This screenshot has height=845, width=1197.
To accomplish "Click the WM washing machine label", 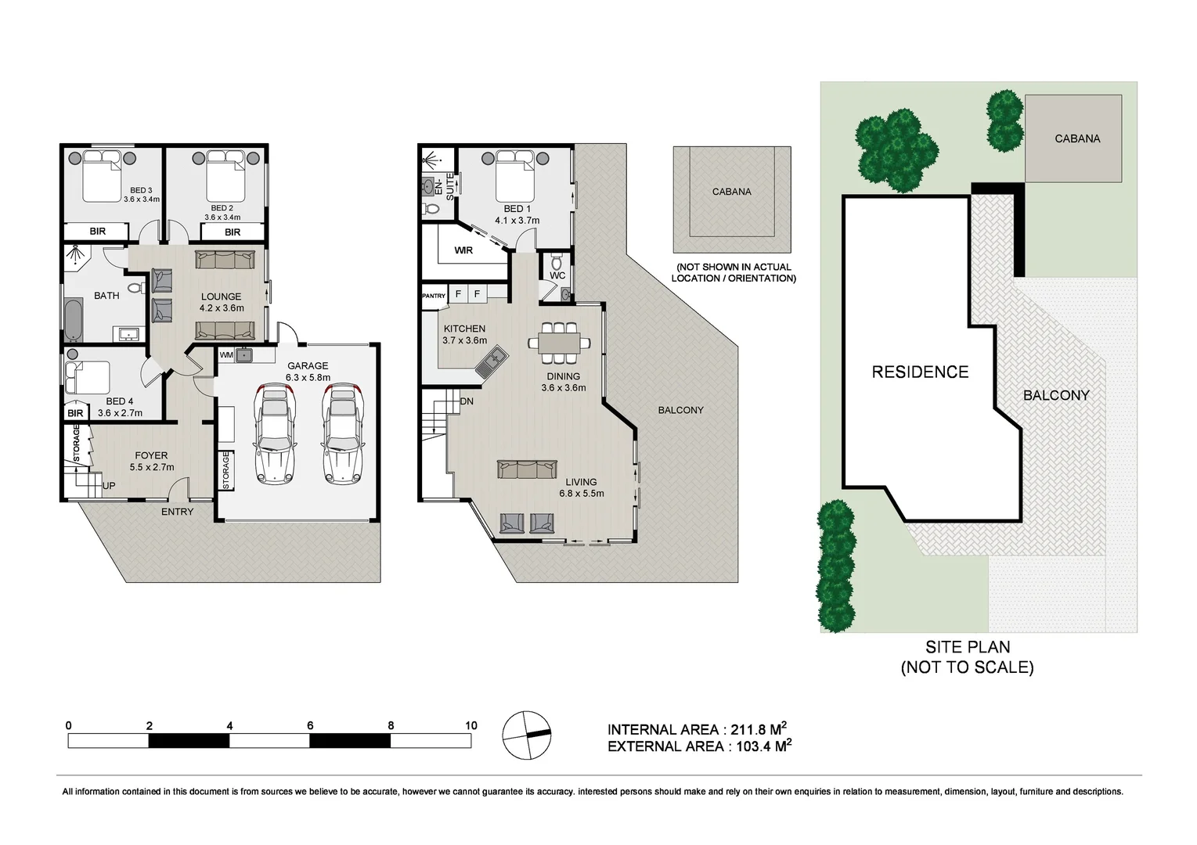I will click(226, 355).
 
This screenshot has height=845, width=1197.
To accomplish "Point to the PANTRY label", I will click(433, 296).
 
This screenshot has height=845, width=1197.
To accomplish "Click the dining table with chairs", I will click(559, 343).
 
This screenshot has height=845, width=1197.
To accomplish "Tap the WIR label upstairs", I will click(463, 251).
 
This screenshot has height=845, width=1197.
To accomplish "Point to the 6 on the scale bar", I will click(311, 725).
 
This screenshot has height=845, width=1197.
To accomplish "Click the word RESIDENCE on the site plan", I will click(920, 372).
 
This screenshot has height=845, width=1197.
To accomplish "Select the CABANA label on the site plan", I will click(1077, 138).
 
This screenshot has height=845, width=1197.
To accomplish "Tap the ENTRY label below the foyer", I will click(177, 512).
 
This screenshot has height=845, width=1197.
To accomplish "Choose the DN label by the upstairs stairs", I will click(467, 401).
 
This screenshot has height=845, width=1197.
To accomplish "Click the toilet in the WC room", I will click(557, 261).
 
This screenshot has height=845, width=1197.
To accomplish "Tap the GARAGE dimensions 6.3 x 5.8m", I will click(308, 377).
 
